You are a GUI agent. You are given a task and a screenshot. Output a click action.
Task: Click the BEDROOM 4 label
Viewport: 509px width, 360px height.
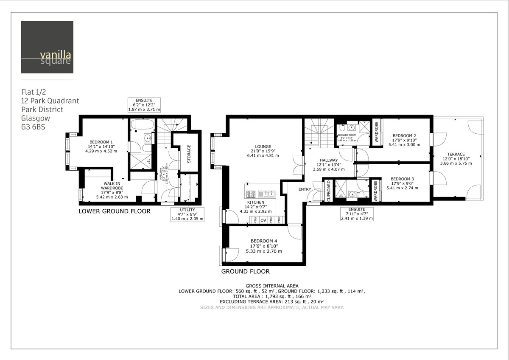click(x=264, y=241)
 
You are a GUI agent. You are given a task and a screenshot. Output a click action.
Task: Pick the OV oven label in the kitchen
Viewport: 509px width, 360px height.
click(x=263, y=220)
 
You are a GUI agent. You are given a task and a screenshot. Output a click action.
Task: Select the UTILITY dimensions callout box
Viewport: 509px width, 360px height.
click(x=187, y=214)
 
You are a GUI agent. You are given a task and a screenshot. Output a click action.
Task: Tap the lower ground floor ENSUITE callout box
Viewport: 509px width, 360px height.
click(x=144, y=104)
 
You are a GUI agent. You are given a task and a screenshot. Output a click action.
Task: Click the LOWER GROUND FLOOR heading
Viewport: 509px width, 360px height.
click(x=115, y=211)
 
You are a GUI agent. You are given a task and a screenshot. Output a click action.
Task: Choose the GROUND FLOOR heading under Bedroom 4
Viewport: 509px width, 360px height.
click(x=245, y=271)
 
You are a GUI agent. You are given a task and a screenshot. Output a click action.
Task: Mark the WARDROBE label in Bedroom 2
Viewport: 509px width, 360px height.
click(x=376, y=132)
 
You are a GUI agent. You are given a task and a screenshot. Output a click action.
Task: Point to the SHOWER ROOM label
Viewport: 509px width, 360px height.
click(x=346, y=135)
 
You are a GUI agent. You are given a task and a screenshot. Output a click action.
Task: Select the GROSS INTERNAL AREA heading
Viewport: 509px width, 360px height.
click(x=272, y=286)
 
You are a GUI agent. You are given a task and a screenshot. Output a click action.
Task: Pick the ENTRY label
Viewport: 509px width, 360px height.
click(x=305, y=189)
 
